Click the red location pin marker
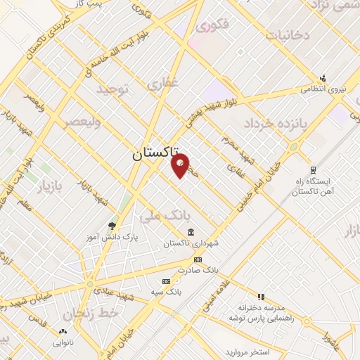pos(181,166)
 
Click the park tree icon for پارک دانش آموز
pos(112,226)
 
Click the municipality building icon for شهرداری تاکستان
pos(191,232)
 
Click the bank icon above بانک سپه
pos(166,281)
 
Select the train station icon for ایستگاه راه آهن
pos(312,170)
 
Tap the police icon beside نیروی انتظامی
pos(323,77)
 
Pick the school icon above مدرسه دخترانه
pos(261,297)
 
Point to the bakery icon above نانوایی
pos(63,331)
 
